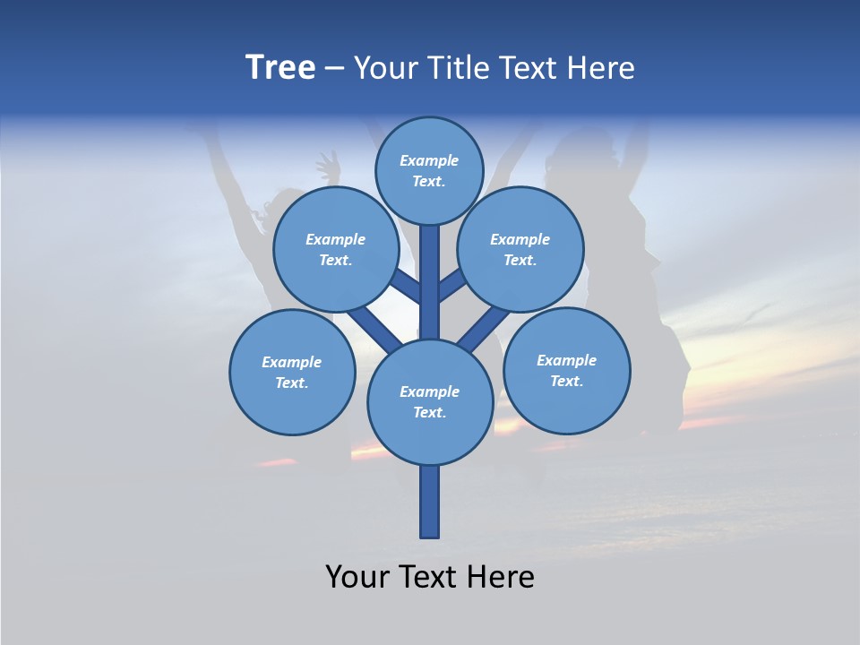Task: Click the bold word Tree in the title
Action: click(280, 68)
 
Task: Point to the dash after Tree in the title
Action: click(334, 68)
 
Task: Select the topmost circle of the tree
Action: click(429, 170)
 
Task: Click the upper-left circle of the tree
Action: click(335, 249)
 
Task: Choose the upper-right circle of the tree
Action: click(520, 249)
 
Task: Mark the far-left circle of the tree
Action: click(291, 372)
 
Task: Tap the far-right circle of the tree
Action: click(566, 370)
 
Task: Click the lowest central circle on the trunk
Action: click(429, 401)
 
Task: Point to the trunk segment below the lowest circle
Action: click(429, 502)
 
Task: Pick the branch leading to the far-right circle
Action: click(484, 328)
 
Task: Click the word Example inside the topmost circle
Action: click(429, 161)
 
